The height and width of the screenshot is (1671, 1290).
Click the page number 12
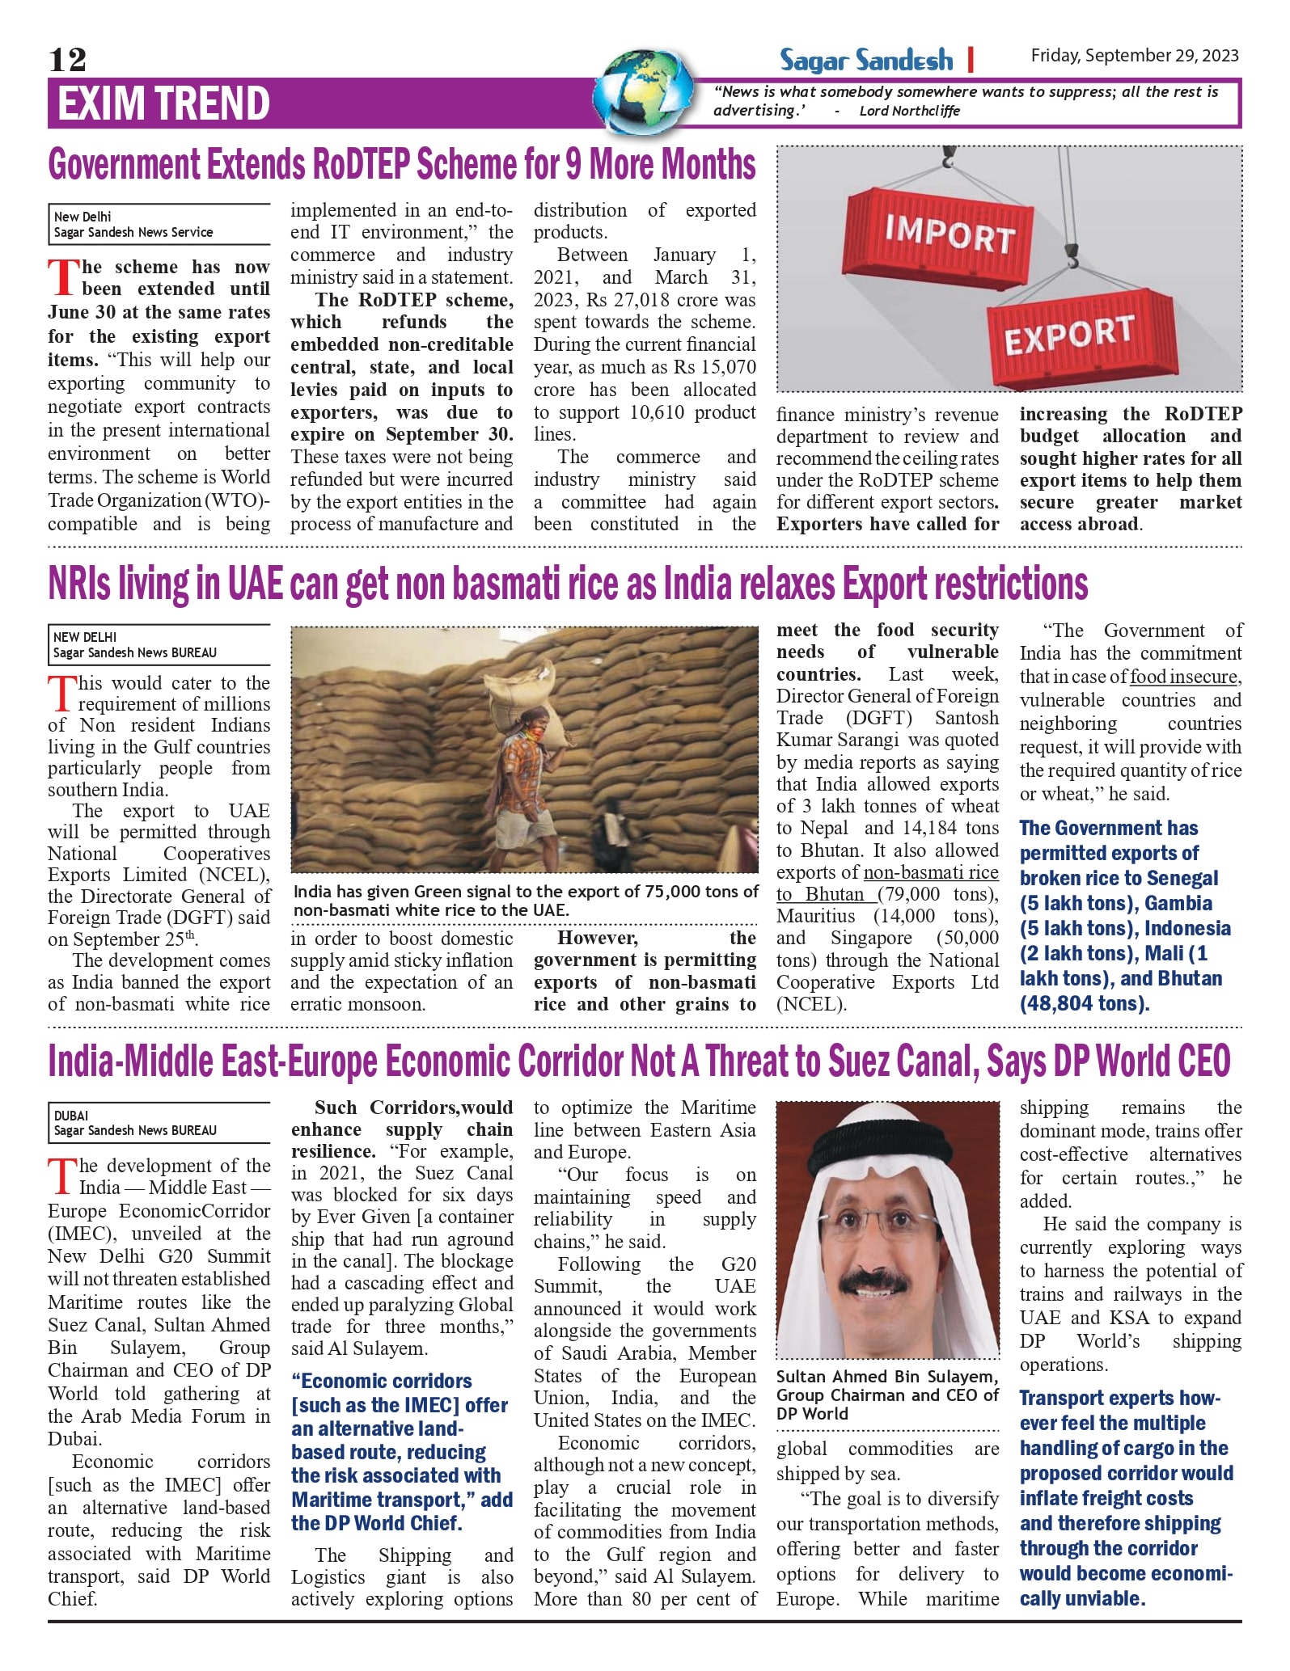point(67,59)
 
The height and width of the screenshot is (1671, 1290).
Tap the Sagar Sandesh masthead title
point(865,60)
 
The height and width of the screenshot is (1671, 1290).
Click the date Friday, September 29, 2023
point(1134,55)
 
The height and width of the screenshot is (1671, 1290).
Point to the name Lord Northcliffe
point(909,111)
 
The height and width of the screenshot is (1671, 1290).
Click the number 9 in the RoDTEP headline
point(573,164)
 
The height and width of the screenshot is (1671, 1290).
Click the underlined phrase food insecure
point(1183,677)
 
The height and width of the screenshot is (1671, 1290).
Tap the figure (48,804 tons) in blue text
point(1084,1003)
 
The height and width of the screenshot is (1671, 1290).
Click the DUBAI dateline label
point(71,1116)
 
